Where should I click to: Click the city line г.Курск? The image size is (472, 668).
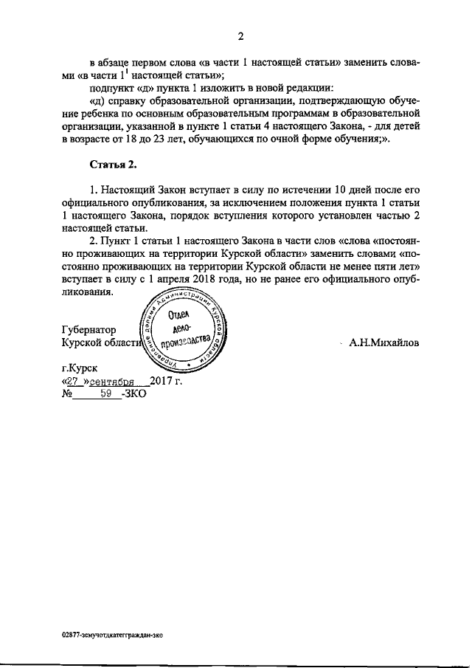click(x=78, y=367)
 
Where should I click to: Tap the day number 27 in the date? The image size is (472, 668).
click(x=72, y=381)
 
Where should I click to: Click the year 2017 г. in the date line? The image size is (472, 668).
click(x=165, y=381)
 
